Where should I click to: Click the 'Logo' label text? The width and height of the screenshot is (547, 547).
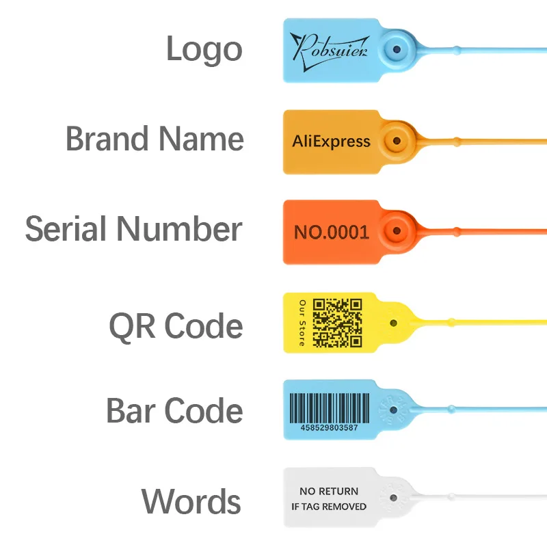(x=204, y=49)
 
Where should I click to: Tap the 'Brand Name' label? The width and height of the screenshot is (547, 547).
(x=155, y=139)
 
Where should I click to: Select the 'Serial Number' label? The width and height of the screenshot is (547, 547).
(x=134, y=229)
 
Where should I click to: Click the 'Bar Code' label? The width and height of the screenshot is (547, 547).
(x=174, y=411)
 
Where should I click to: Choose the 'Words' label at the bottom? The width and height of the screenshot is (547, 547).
(x=191, y=502)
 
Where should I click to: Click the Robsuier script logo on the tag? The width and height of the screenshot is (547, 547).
(x=329, y=47)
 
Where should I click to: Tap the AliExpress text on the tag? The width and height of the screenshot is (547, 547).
(x=331, y=142)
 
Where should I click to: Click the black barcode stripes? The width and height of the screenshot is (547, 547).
(x=332, y=408)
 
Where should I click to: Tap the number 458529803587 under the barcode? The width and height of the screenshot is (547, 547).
(x=329, y=428)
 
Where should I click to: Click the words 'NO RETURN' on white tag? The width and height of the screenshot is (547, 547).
(x=329, y=491)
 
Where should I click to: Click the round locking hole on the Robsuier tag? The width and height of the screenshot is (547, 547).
(x=395, y=49)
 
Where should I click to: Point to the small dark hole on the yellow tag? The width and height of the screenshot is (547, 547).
(x=392, y=321)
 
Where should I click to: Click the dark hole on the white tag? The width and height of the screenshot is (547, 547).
(x=392, y=498)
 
